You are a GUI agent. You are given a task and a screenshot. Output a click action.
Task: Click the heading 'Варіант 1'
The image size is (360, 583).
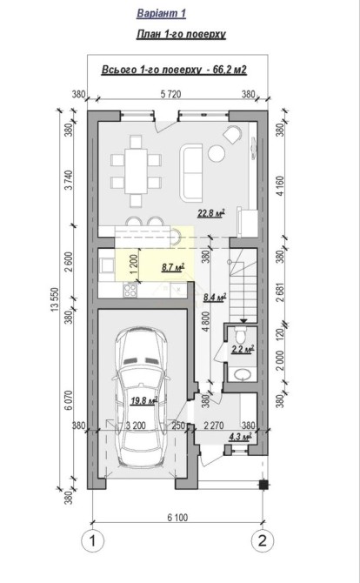point(161,13)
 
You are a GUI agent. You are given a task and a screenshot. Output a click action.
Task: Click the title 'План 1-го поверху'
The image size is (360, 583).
point(181,34)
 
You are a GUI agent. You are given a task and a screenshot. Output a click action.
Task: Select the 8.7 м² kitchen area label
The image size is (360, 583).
point(174,267)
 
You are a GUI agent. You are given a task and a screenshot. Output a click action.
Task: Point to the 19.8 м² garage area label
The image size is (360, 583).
point(144,400)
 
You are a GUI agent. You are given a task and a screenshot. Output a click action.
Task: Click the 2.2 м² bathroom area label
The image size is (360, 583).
point(243,349)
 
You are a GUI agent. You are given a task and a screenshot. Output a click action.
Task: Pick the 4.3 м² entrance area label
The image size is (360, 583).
point(241,437)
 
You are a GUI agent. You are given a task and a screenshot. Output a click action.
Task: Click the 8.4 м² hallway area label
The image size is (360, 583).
point(215,297)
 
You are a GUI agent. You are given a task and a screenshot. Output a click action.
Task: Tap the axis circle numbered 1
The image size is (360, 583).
point(92,540)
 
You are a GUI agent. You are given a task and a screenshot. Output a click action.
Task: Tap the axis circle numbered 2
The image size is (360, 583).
point(263,540)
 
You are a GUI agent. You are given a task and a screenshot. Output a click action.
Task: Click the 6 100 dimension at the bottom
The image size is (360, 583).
point(177,517)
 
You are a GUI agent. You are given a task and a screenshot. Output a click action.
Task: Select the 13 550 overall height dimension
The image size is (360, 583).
point(56,299)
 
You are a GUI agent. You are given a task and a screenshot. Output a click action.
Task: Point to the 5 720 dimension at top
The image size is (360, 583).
point(171,94)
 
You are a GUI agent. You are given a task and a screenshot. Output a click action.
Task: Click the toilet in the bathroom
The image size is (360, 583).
point(240,335)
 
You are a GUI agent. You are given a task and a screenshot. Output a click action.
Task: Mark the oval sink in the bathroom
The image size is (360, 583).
point(243,374)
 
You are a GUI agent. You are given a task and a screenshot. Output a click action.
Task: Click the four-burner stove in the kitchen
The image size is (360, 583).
point(130,290)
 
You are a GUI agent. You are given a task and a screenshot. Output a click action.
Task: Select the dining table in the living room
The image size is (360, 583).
point(136,171)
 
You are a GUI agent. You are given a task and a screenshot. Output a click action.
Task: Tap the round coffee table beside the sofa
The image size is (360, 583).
point(217,153)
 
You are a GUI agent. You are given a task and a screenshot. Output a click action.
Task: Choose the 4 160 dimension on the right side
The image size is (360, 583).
point(280,186)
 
